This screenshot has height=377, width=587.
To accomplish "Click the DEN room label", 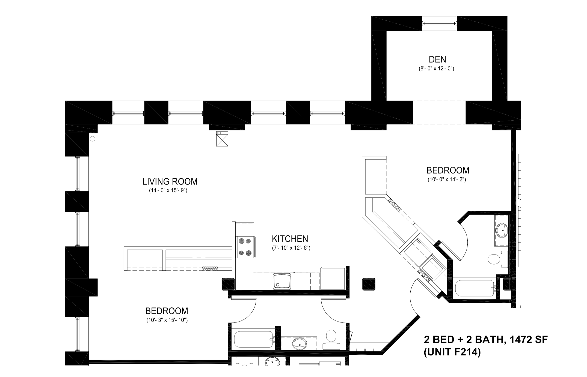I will [x=437, y=59].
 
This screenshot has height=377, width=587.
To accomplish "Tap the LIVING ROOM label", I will [x=170, y=182].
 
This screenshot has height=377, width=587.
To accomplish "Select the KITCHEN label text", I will [x=290, y=239].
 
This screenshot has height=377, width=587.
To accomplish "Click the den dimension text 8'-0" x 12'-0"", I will [x=436, y=69].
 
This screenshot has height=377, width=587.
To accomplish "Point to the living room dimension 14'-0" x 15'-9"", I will [x=168, y=191].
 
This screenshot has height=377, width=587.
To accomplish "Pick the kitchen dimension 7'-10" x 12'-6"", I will [x=291, y=248].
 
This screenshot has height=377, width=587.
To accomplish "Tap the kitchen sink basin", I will [x=282, y=281].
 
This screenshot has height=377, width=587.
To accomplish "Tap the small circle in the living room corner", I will [x=93, y=139].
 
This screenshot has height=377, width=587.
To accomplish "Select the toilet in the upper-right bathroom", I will [x=494, y=259].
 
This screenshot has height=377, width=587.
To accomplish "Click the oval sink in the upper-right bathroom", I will [x=502, y=231].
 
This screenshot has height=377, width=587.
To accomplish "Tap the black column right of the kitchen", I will [x=369, y=284].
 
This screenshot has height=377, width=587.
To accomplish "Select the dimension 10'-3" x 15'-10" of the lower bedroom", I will [x=167, y=320].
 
